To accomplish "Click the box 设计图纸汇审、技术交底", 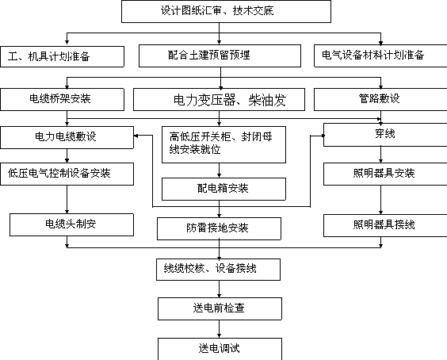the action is pos(226,11).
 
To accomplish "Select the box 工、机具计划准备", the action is pos(62,57).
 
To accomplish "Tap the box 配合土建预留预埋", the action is pos(220,56).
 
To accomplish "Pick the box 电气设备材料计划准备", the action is pos(380,56).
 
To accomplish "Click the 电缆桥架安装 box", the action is pos(62,100).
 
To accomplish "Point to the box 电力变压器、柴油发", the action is pos(219,100).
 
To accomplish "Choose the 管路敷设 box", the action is pos(380,100).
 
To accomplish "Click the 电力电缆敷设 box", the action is pos(67,137).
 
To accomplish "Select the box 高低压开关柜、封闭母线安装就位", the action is pos(223,145).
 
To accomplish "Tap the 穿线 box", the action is pos(385,135).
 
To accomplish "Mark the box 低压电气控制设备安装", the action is pos(67,174).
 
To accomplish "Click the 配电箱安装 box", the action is pos(223,190).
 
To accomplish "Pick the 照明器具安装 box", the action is pos(385,174).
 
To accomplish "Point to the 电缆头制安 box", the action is pos(71,224).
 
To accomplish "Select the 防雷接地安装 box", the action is pos(219,229).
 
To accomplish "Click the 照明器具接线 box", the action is pos(385,226).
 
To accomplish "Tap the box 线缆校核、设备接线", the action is pos(218,270).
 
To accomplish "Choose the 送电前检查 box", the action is pos(220,309).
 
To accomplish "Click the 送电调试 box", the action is pos(220,349).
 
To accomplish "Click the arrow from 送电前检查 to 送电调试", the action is pos(219,329).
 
